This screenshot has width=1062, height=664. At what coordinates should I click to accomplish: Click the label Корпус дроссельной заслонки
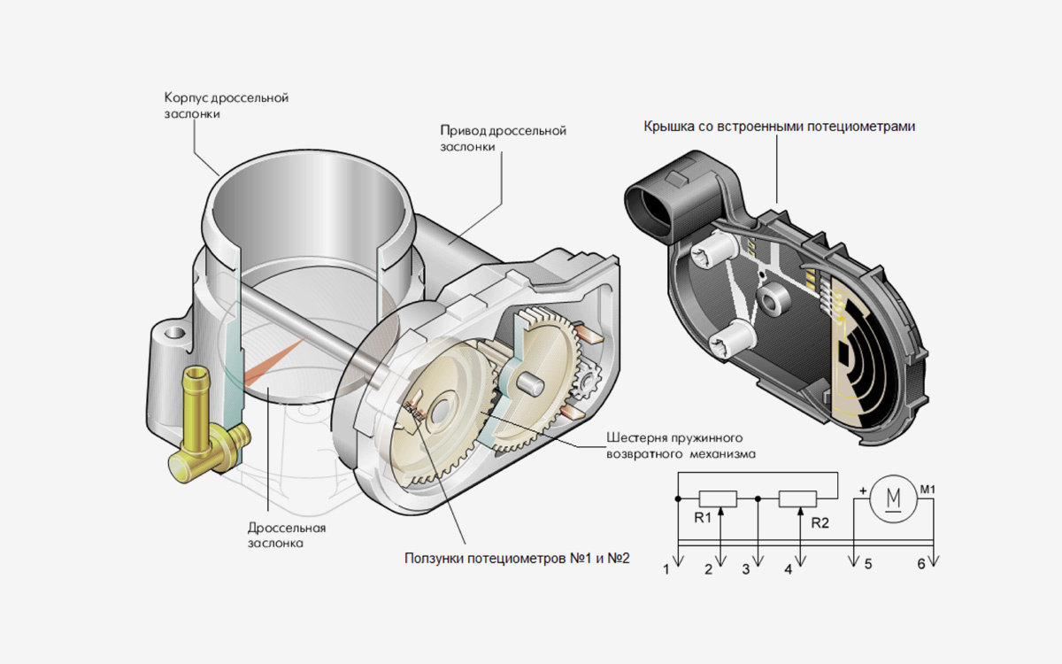(x=226, y=105)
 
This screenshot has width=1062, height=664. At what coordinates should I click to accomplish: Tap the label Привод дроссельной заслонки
(x=503, y=139)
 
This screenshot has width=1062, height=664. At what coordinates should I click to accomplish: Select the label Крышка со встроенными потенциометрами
(x=779, y=127)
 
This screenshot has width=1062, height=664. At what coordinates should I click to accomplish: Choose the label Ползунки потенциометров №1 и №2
(x=516, y=559)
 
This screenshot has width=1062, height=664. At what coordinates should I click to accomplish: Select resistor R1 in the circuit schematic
(x=718, y=499)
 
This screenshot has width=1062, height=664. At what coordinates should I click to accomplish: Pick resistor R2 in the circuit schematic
(x=797, y=499)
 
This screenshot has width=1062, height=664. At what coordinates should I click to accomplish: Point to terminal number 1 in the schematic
(x=666, y=569)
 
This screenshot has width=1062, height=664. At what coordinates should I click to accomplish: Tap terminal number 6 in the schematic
(x=921, y=564)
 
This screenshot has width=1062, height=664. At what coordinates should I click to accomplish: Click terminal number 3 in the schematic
(x=745, y=569)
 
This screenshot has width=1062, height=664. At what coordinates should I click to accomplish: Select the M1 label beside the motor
(x=927, y=488)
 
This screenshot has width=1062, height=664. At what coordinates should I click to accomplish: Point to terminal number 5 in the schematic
(x=868, y=564)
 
